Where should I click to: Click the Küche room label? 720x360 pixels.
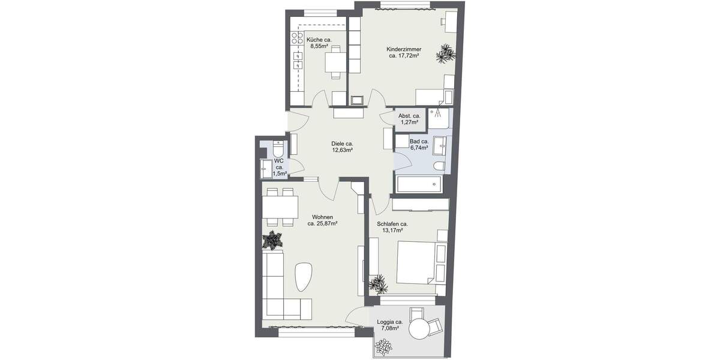[319, 40]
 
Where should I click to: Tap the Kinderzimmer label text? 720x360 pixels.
[403, 49]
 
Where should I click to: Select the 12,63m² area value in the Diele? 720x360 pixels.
[343, 151]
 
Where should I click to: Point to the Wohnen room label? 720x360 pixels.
[322, 217]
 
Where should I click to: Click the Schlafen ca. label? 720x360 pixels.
[392, 224]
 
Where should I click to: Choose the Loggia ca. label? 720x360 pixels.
[390, 322]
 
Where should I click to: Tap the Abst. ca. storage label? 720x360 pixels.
[409, 116]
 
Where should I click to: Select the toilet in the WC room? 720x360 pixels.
[278, 148]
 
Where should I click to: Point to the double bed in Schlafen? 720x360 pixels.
[416, 262]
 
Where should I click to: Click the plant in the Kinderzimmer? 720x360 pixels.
[446, 53]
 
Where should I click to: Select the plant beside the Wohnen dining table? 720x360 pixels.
[273, 240]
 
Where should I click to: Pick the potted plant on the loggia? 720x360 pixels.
[383, 346]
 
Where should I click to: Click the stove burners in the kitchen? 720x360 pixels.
[297, 39]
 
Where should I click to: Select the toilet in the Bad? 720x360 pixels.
[438, 166]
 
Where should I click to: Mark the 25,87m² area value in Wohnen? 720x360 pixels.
[322, 224]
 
